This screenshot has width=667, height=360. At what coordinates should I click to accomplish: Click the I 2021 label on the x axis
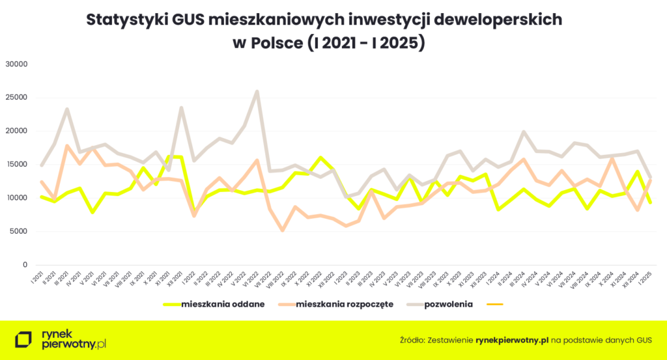tap(35, 280)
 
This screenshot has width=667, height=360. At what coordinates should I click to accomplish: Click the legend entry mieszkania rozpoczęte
tap(345, 304)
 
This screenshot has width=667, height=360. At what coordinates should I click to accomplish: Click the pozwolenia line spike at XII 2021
tap(181, 108)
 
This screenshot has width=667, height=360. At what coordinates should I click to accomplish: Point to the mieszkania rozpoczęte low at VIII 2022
tap(283, 230)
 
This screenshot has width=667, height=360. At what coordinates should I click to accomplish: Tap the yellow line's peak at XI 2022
tap(320, 158)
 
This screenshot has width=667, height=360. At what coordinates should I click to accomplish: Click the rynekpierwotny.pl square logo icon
tap(24, 339)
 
